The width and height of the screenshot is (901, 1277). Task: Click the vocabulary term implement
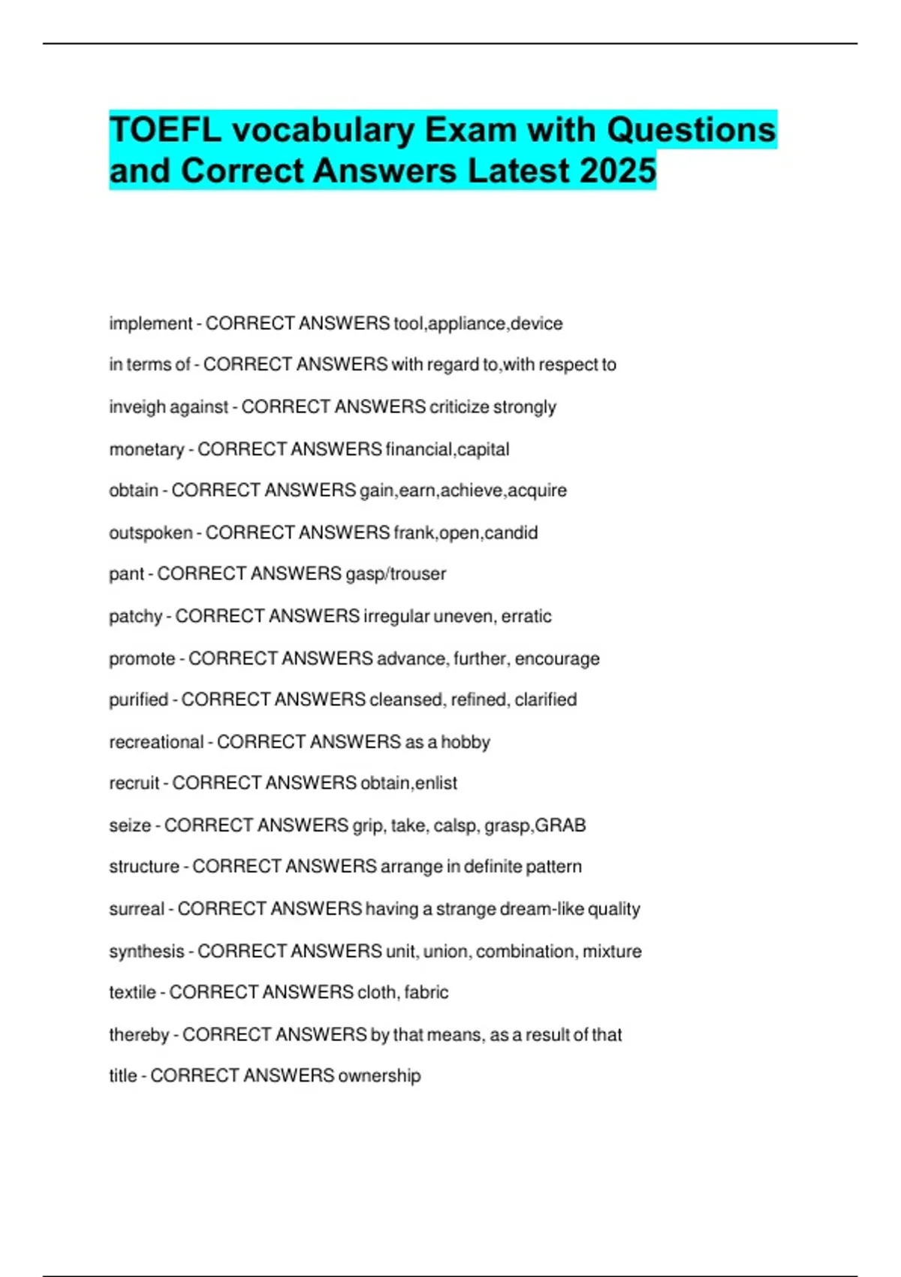click(x=151, y=324)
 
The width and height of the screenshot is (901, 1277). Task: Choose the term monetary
click(x=146, y=449)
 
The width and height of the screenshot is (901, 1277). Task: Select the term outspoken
click(x=151, y=533)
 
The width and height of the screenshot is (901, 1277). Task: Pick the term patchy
click(x=135, y=617)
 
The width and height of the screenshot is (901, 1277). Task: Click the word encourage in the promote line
click(x=557, y=659)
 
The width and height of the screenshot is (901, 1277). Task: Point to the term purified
click(x=139, y=700)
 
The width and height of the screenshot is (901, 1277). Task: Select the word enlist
click(x=436, y=783)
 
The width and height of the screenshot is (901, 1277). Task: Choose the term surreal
click(x=136, y=909)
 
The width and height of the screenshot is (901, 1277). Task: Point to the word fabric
click(x=426, y=992)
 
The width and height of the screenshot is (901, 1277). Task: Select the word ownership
click(x=379, y=1076)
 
